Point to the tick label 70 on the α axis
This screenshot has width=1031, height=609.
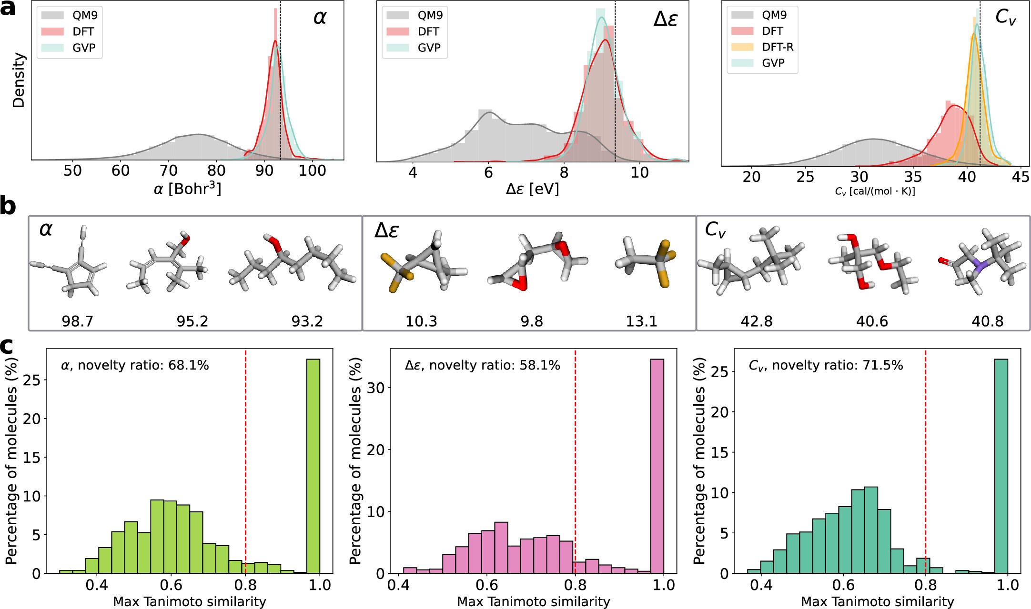tap(168, 170)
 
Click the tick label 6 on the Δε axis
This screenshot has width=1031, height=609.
tap(488, 172)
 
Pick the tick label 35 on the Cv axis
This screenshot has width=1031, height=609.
tap(913, 177)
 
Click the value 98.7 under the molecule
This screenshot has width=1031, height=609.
tap(78, 321)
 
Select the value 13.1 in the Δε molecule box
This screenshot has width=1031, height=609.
tap(641, 321)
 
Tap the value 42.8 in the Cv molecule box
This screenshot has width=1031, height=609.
tap(757, 321)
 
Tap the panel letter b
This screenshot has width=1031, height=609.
tap(8, 207)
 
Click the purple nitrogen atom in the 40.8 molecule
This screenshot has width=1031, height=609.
tap(979, 265)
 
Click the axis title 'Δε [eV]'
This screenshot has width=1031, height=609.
tap(532, 189)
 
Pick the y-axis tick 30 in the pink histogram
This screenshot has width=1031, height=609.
tap(376, 388)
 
